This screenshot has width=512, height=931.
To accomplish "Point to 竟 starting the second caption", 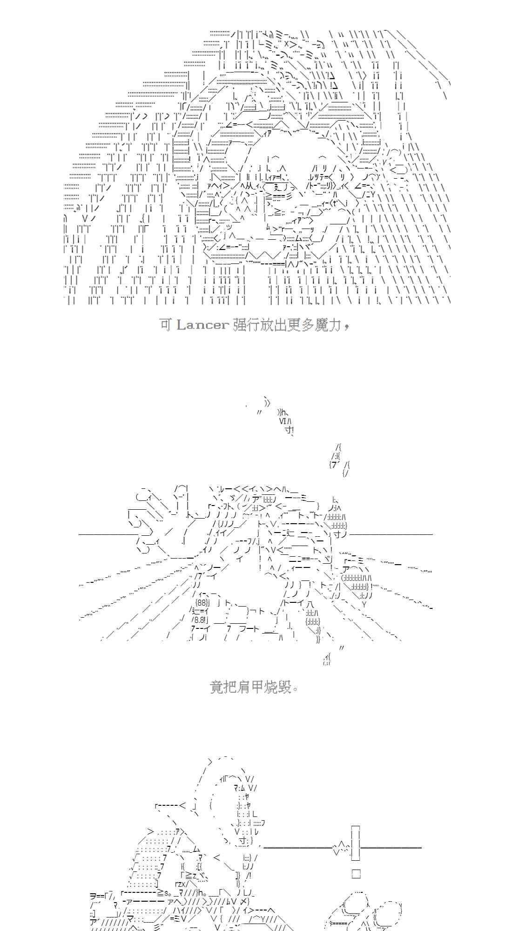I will [x=217, y=687].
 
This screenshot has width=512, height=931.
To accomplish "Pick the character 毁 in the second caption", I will [x=285, y=687].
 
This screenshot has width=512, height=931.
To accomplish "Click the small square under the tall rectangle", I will [x=356, y=874].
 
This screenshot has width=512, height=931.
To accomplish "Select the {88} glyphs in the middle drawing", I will [x=203, y=602].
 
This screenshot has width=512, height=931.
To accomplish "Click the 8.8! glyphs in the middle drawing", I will [x=202, y=620].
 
